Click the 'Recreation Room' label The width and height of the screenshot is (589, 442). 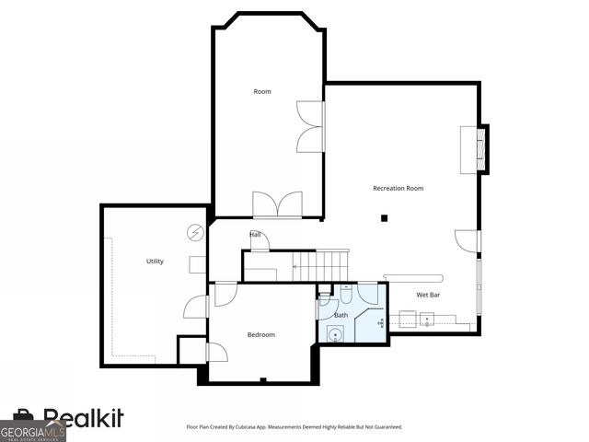click(x=398, y=188)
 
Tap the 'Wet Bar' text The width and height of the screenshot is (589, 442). click(x=428, y=295)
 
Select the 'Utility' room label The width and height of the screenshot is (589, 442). click(x=155, y=262)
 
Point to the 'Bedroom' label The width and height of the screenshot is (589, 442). click(x=261, y=334)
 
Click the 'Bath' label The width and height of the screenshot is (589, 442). click(x=341, y=315)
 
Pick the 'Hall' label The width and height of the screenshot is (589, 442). click(x=255, y=235)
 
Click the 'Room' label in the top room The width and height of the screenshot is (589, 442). click(x=262, y=91)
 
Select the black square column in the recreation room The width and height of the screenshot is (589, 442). click(x=387, y=218)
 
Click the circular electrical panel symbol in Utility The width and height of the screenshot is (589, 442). click(x=195, y=232)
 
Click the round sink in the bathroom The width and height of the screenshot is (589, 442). click(x=336, y=333)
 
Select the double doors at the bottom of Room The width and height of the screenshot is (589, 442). click(x=277, y=204)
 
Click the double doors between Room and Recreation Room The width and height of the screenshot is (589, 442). click(x=311, y=126)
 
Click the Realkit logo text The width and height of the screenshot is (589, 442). click(x=83, y=419)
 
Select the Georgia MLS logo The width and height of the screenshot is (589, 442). click(x=33, y=430)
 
